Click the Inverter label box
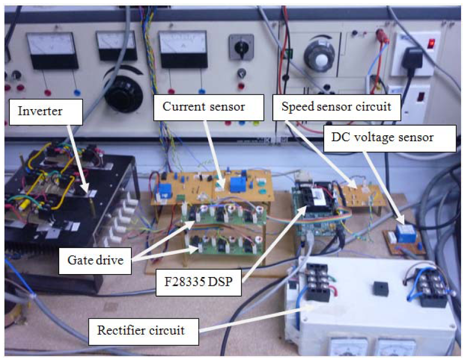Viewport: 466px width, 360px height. tap(41, 112)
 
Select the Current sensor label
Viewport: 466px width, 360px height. tap(204, 106)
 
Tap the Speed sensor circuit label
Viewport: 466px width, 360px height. tap(336, 106)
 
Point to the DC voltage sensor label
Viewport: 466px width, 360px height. tap(389, 138)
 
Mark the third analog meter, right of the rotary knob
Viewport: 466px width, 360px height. tap(183, 49)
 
